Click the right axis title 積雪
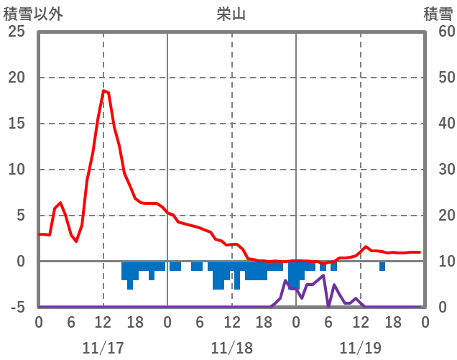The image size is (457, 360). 438,14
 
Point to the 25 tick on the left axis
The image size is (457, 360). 17,32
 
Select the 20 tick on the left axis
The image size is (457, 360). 17,78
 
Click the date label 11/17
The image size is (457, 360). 103,348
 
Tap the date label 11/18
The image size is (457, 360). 232,348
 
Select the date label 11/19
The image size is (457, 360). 361,348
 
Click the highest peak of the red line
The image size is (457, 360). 104,91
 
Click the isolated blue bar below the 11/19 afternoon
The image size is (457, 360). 382,267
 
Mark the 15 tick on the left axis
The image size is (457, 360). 17,124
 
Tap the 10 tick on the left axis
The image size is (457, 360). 17,170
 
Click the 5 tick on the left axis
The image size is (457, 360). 21,216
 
